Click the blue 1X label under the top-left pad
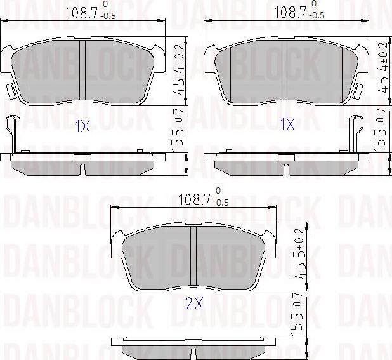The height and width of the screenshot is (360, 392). [82, 126]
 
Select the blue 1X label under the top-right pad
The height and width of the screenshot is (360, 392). [287, 125]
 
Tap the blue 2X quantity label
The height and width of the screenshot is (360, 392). [194, 304]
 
